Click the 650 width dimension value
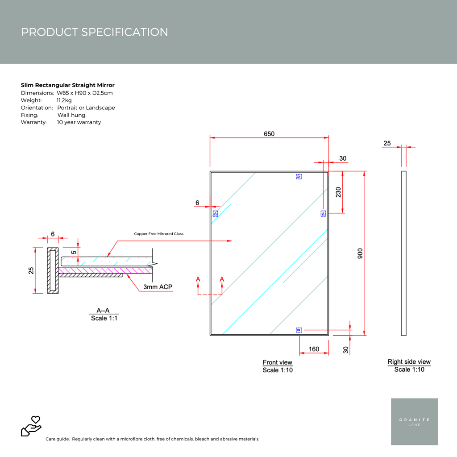pos(269,134)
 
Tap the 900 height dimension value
pos(360,253)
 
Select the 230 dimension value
pos(338,192)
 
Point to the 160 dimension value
pos(314,349)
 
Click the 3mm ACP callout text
pos(158,287)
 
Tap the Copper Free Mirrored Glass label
pos(158,234)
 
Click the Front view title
pos(277,362)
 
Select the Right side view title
pos(409,362)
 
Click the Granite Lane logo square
pos(414,421)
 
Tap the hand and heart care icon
pos(31,426)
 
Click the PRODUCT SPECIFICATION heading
pos(95,32)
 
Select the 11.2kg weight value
pos(64,100)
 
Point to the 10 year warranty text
pos(79,122)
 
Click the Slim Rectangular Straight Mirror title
pos(68,85)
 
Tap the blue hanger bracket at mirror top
pos(299,176)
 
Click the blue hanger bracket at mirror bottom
pos(299,330)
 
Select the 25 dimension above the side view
pos(387,143)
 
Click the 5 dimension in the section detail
pos(74,252)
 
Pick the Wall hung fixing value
pos(71,115)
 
